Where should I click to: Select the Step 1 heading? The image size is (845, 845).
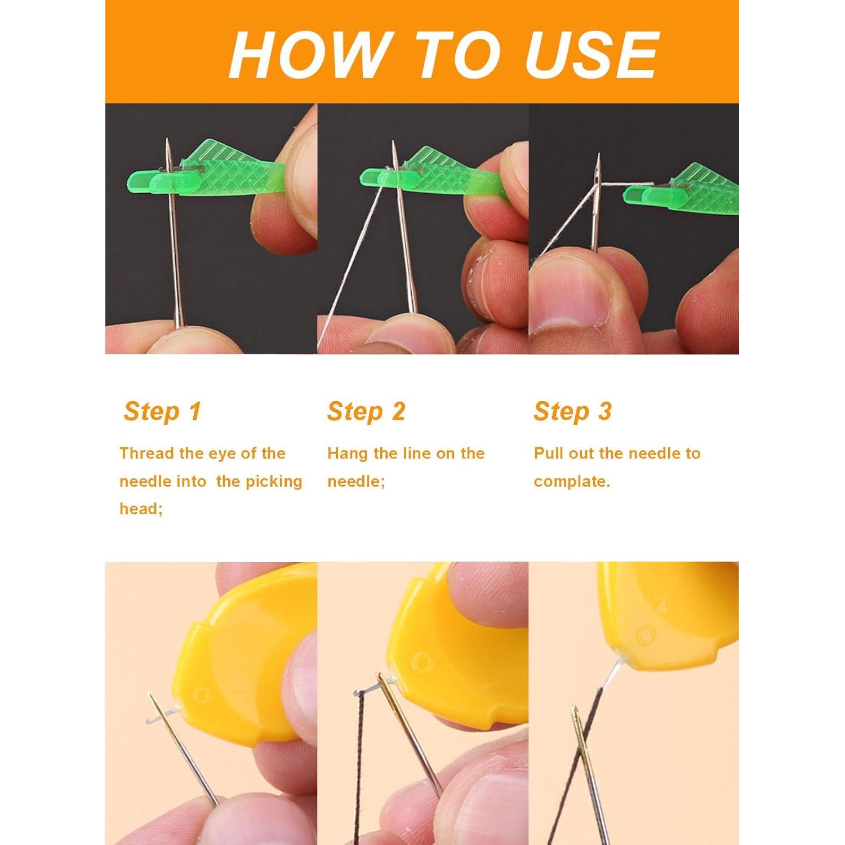point(162,411)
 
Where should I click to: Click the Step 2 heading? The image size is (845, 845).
point(366,411)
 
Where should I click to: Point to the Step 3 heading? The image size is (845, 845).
point(572,411)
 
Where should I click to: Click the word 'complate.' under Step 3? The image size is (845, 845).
point(572,482)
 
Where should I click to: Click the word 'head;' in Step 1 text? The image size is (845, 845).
point(141,509)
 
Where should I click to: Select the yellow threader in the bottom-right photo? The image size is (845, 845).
point(670,614)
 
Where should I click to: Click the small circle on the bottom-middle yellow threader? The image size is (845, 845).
point(420,661)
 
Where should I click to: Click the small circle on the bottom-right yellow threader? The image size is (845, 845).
point(646,635)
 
